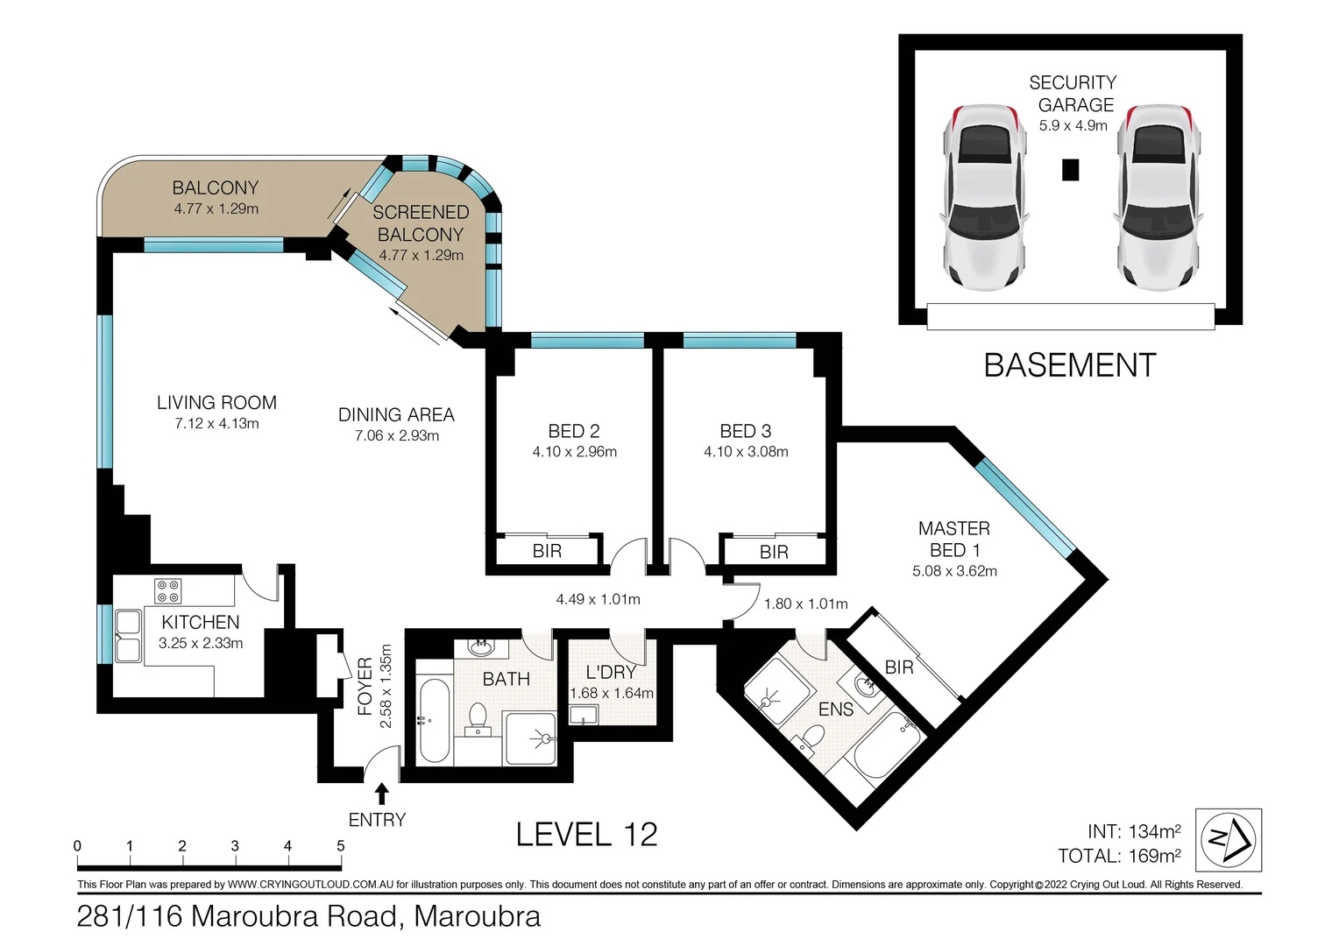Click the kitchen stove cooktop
[x=167, y=591]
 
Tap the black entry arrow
[x=381, y=794]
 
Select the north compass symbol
[x=1229, y=840]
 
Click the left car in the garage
[x=985, y=197]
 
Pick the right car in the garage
[x=1158, y=197]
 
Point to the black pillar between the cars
[x=1071, y=170]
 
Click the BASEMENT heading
[x=1069, y=365]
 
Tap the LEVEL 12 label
[x=586, y=834]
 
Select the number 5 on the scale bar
[x=341, y=845]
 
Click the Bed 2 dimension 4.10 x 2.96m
[x=575, y=452]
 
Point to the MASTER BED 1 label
[x=954, y=539]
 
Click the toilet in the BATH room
[x=478, y=719]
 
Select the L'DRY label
[x=610, y=673]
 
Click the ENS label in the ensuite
[x=836, y=709]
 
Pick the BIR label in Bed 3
[x=774, y=552]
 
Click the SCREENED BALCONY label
[x=421, y=222]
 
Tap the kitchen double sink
[x=128, y=636]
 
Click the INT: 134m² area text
[x=1134, y=831]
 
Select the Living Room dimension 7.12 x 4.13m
[x=216, y=424]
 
